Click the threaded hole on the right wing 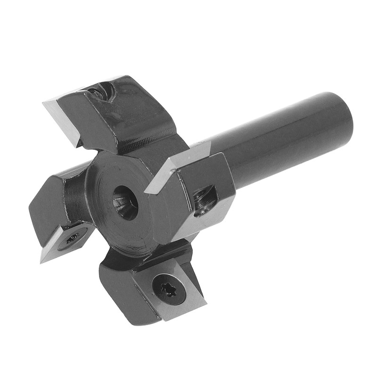click(x=206, y=200)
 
